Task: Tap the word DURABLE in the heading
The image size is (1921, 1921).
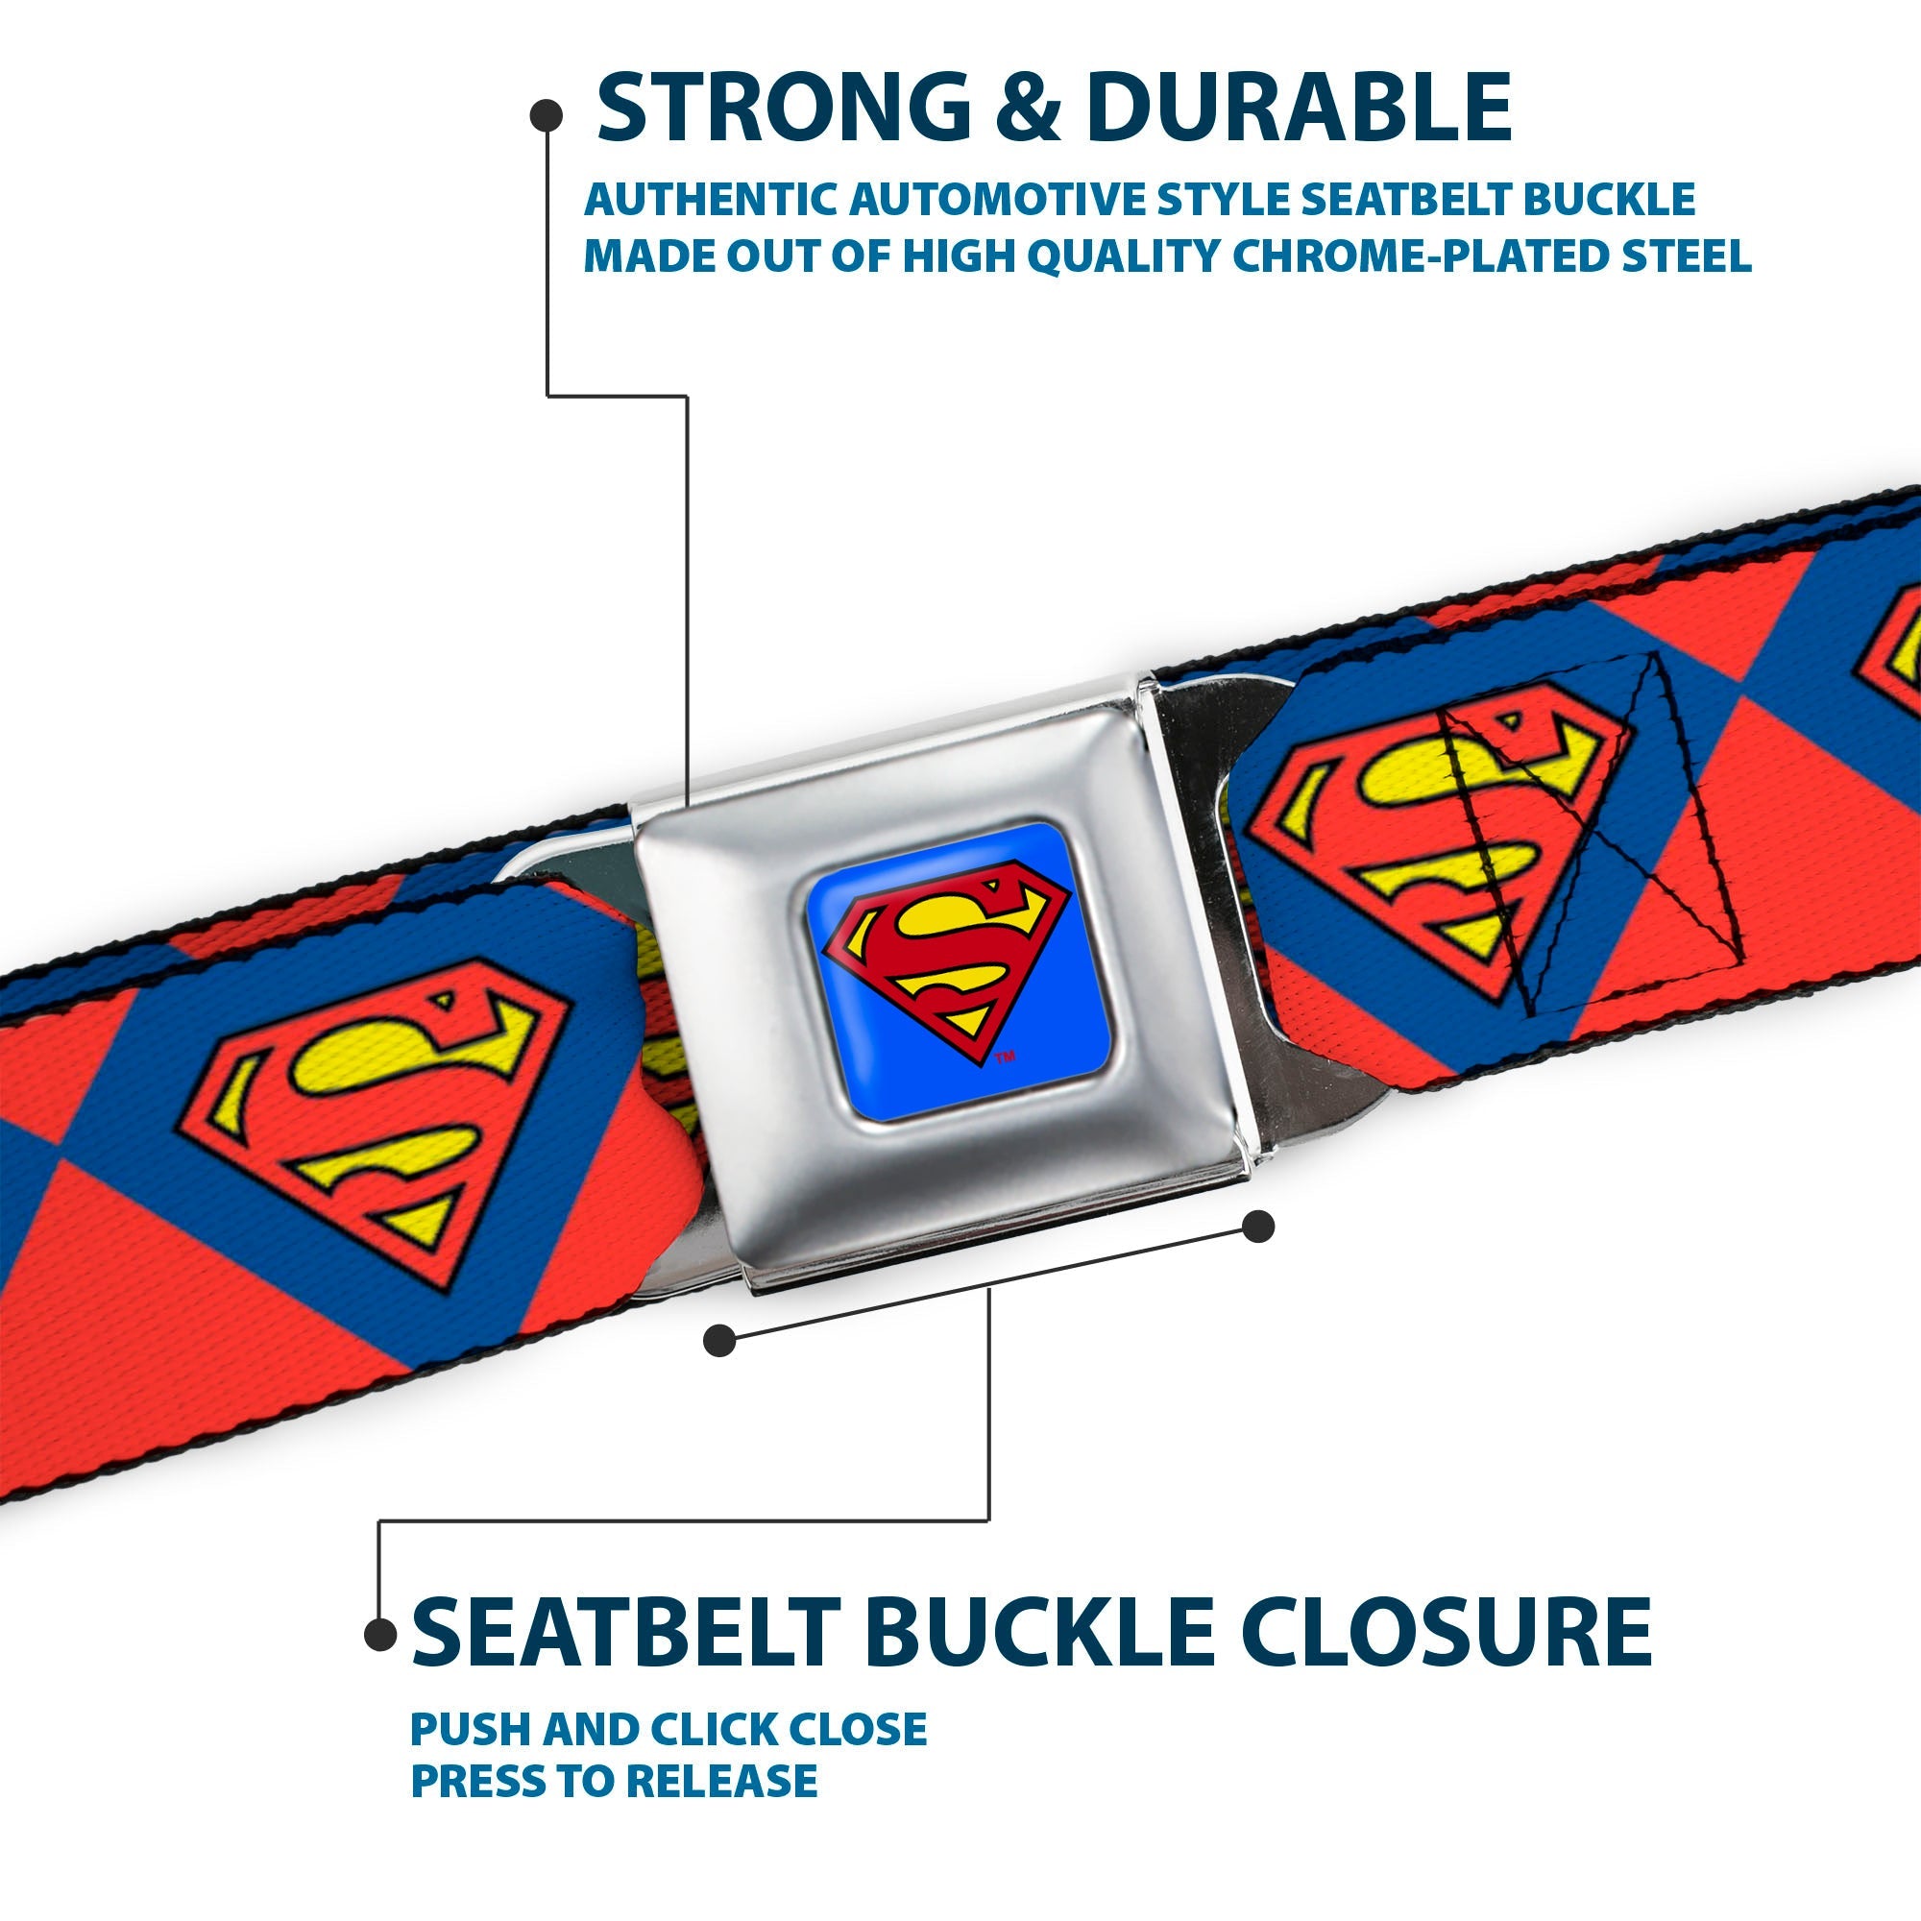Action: [1300, 108]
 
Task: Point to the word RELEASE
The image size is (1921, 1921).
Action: [719, 1781]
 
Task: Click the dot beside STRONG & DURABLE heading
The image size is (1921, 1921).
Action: [546, 116]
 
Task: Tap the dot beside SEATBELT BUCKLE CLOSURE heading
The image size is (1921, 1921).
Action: [380, 1634]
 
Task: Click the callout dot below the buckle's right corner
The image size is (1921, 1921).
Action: [1259, 1227]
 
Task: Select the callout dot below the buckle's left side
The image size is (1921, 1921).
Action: [718, 1341]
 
